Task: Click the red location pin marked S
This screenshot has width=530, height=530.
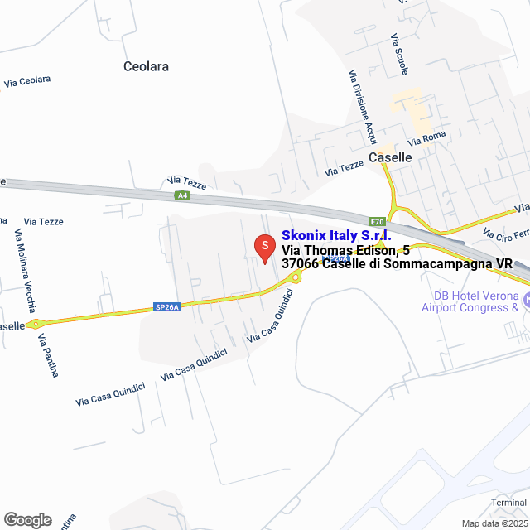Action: [263, 248]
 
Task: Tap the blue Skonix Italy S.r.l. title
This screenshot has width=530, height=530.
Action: [336, 234]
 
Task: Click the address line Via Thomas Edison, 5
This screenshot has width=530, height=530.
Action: [345, 249]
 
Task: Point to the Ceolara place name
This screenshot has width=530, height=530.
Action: [146, 66]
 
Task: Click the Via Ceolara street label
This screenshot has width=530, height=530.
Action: [27, 81]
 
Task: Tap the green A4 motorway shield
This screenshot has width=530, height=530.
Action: [182, 195]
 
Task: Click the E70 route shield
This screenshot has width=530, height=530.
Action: [378, 222]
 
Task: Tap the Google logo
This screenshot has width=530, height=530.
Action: [27, 519]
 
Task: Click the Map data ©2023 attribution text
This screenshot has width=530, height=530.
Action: [494, 523]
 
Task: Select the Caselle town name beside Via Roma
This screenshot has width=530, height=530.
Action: [389, 157]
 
